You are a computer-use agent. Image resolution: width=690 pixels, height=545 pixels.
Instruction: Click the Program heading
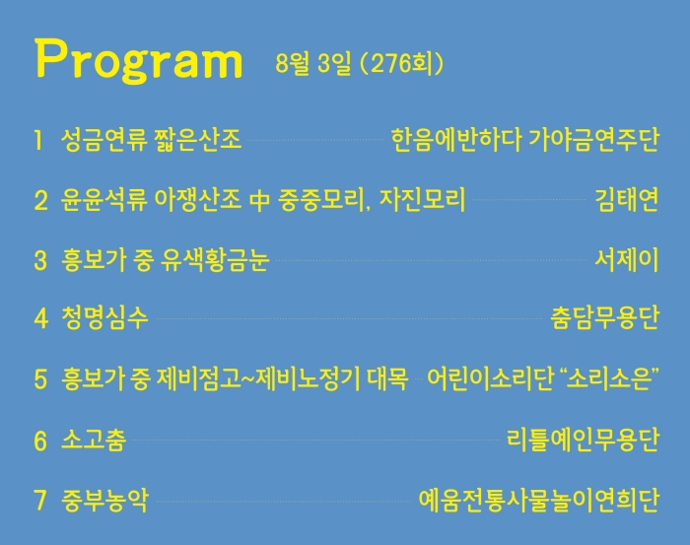coord(139,61)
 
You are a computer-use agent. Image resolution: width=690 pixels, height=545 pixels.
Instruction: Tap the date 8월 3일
coord(313,64)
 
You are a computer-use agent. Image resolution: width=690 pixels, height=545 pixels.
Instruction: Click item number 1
coord(38,140)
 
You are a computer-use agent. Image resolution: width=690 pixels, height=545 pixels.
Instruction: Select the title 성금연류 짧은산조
coord(151,140)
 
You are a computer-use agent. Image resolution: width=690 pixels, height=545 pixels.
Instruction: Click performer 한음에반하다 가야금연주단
coord(525,140)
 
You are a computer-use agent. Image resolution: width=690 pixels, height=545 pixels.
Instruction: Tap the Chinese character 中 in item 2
coord(259,200)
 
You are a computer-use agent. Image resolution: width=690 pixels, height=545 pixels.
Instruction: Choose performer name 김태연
coord(627,200)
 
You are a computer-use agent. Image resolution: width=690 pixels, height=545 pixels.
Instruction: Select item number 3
coord(40,260)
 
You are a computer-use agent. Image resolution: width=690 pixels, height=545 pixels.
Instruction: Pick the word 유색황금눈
coord(215,260)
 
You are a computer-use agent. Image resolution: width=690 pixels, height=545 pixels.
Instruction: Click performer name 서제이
coord(627,260)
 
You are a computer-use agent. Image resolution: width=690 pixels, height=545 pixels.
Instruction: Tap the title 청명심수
coord(104,317)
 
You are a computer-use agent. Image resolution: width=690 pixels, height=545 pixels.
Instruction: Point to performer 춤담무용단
coord(605,317)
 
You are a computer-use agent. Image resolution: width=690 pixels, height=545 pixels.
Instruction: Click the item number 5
coord(40,379)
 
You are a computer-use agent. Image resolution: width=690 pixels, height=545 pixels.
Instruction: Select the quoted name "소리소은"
coord(610,378)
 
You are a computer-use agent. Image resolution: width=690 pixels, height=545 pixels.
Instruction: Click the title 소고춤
coord(94,440)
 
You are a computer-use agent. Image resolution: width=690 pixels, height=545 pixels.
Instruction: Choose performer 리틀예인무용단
coord(584,440)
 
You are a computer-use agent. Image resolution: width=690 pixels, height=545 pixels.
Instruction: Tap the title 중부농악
coord(104,500)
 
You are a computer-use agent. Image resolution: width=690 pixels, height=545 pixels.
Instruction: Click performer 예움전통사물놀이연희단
coord(539,500)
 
